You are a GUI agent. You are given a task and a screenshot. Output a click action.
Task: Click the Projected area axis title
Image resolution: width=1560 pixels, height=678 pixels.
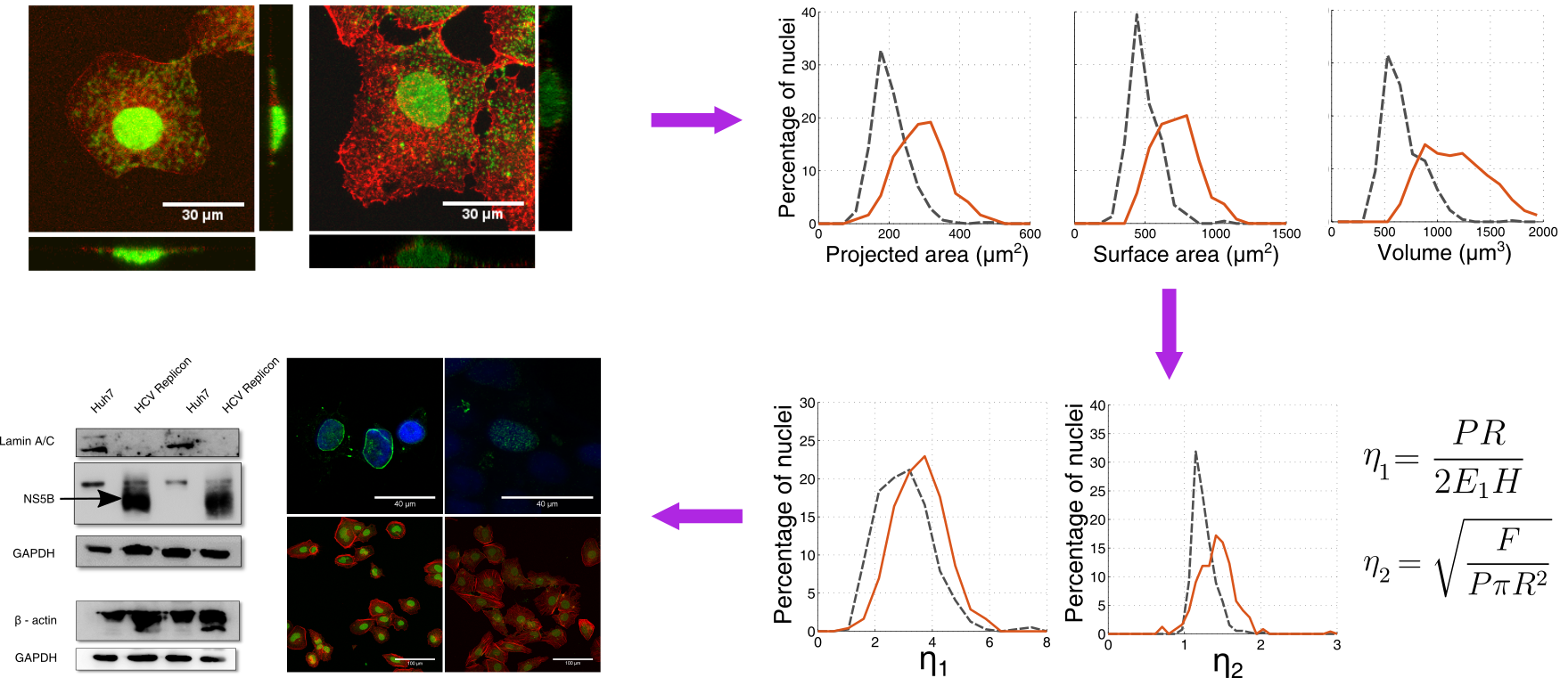pyautogui.click(x=926, y=255)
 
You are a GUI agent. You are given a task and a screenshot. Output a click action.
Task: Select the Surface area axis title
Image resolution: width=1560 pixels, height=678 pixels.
pyautogui.click(x=1185, y=255)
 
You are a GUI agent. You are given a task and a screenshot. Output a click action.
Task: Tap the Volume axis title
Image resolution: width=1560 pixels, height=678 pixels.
pyautogui.click(x=1443, y=253)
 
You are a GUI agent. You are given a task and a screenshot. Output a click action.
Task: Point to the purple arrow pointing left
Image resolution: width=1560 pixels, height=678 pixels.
pyautogui.click(x=697, y=516)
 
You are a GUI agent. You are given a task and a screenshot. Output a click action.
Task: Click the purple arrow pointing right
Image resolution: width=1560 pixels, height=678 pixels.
pyautogui.click(x=696, y=120)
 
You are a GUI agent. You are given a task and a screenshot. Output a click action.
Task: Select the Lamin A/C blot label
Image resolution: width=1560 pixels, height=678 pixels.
pyautogui.click(x=27, y=441)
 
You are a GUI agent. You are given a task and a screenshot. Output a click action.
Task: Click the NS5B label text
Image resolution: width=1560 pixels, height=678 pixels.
pyautogui.click(x=38, y=499)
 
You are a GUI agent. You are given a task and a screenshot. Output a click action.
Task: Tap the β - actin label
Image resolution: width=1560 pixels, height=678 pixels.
pyautogui.click(x=36, y=620)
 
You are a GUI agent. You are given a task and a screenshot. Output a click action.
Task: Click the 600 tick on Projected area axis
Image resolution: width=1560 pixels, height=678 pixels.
pyautogui.click(x=1030, y=234)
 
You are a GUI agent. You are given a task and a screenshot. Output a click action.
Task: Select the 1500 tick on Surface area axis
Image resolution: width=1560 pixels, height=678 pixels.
pyautogui.click(x=1286, y=234)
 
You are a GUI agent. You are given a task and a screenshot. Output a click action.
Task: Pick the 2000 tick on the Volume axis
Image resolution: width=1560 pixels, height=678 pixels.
pyautogui.click(x=1543, y=233)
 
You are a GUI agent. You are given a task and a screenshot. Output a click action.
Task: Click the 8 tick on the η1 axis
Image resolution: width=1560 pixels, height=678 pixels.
pyautogui.click(x=1047, y=642)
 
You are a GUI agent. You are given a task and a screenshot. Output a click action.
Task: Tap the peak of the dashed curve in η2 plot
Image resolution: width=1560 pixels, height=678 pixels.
pyautogui.click(x=1195, y=452)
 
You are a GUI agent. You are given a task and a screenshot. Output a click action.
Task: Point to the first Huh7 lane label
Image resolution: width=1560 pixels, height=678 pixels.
pyautogui.click(x=102, y=402)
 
